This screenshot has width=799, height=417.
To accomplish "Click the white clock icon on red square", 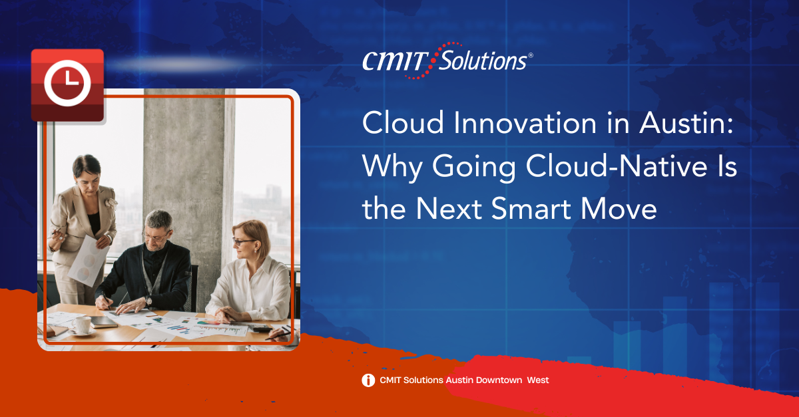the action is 67,83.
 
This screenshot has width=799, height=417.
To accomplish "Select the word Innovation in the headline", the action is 525,123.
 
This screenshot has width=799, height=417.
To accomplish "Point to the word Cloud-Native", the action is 617,166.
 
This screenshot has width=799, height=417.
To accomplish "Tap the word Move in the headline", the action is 619,209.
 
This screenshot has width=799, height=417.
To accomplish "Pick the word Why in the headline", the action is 392,168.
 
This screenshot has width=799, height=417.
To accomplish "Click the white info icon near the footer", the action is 368,380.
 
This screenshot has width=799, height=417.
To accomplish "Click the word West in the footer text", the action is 538,380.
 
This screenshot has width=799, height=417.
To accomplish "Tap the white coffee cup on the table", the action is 82,325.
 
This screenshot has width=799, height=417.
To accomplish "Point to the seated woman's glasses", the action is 242,241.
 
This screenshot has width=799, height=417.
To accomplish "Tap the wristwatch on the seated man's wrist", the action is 148,301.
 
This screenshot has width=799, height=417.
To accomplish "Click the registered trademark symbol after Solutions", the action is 531,55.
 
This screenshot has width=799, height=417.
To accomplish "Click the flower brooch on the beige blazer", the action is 111,203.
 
